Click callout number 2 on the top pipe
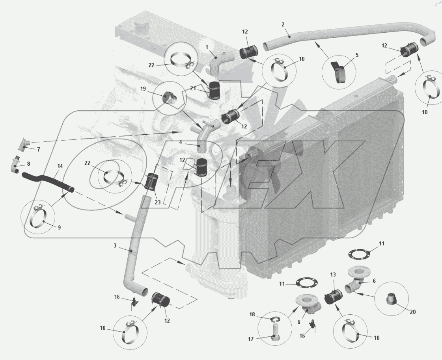click(x=283, y=24)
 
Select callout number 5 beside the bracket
click(x=357, y=55)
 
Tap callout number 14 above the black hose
click(x=60, y=166)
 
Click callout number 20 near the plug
click(x=413, y=312)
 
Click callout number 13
click(x=334, y=274)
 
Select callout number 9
click(x=59, y=227)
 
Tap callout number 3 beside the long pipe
click(x=115, y=246)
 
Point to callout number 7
click(x=39, y=150)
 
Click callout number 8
click(x=28, y=163)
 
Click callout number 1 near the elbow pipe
click(x=206, y=47)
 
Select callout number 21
click(x=193, y=88)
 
